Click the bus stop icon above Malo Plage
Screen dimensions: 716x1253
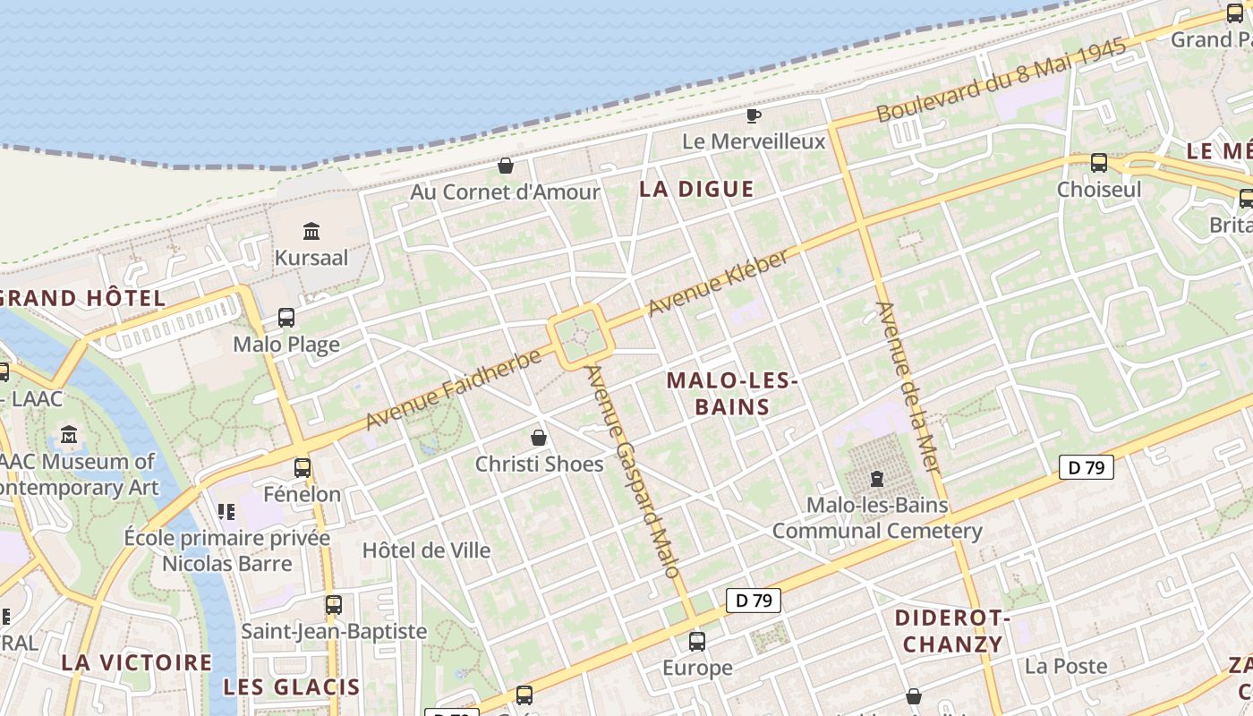(286, 318)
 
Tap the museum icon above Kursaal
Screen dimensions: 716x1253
(311, 231)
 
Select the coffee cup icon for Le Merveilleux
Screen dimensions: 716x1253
(754, 115)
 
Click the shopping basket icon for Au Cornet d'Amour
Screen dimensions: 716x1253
(506, 166)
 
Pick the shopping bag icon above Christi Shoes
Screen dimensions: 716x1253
(539, 438)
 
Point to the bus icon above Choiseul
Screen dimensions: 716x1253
(1099, 163)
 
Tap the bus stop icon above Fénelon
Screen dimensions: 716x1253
(303, 467)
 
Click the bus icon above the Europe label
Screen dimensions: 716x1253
(697, 641)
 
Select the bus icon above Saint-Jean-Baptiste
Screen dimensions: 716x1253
(334, 605)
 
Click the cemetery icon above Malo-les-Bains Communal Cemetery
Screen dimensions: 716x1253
(877, 479)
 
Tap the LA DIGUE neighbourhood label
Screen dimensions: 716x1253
(696, 189)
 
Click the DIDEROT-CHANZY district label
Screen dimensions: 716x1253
(952, 631)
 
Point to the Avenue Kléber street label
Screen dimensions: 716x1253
(720, 282)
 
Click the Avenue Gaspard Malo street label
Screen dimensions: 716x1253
(633, 470)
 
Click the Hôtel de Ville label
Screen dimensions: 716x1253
(426, 550)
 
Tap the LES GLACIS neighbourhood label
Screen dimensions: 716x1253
(292, 687)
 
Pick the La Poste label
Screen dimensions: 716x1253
(1066, 666)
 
